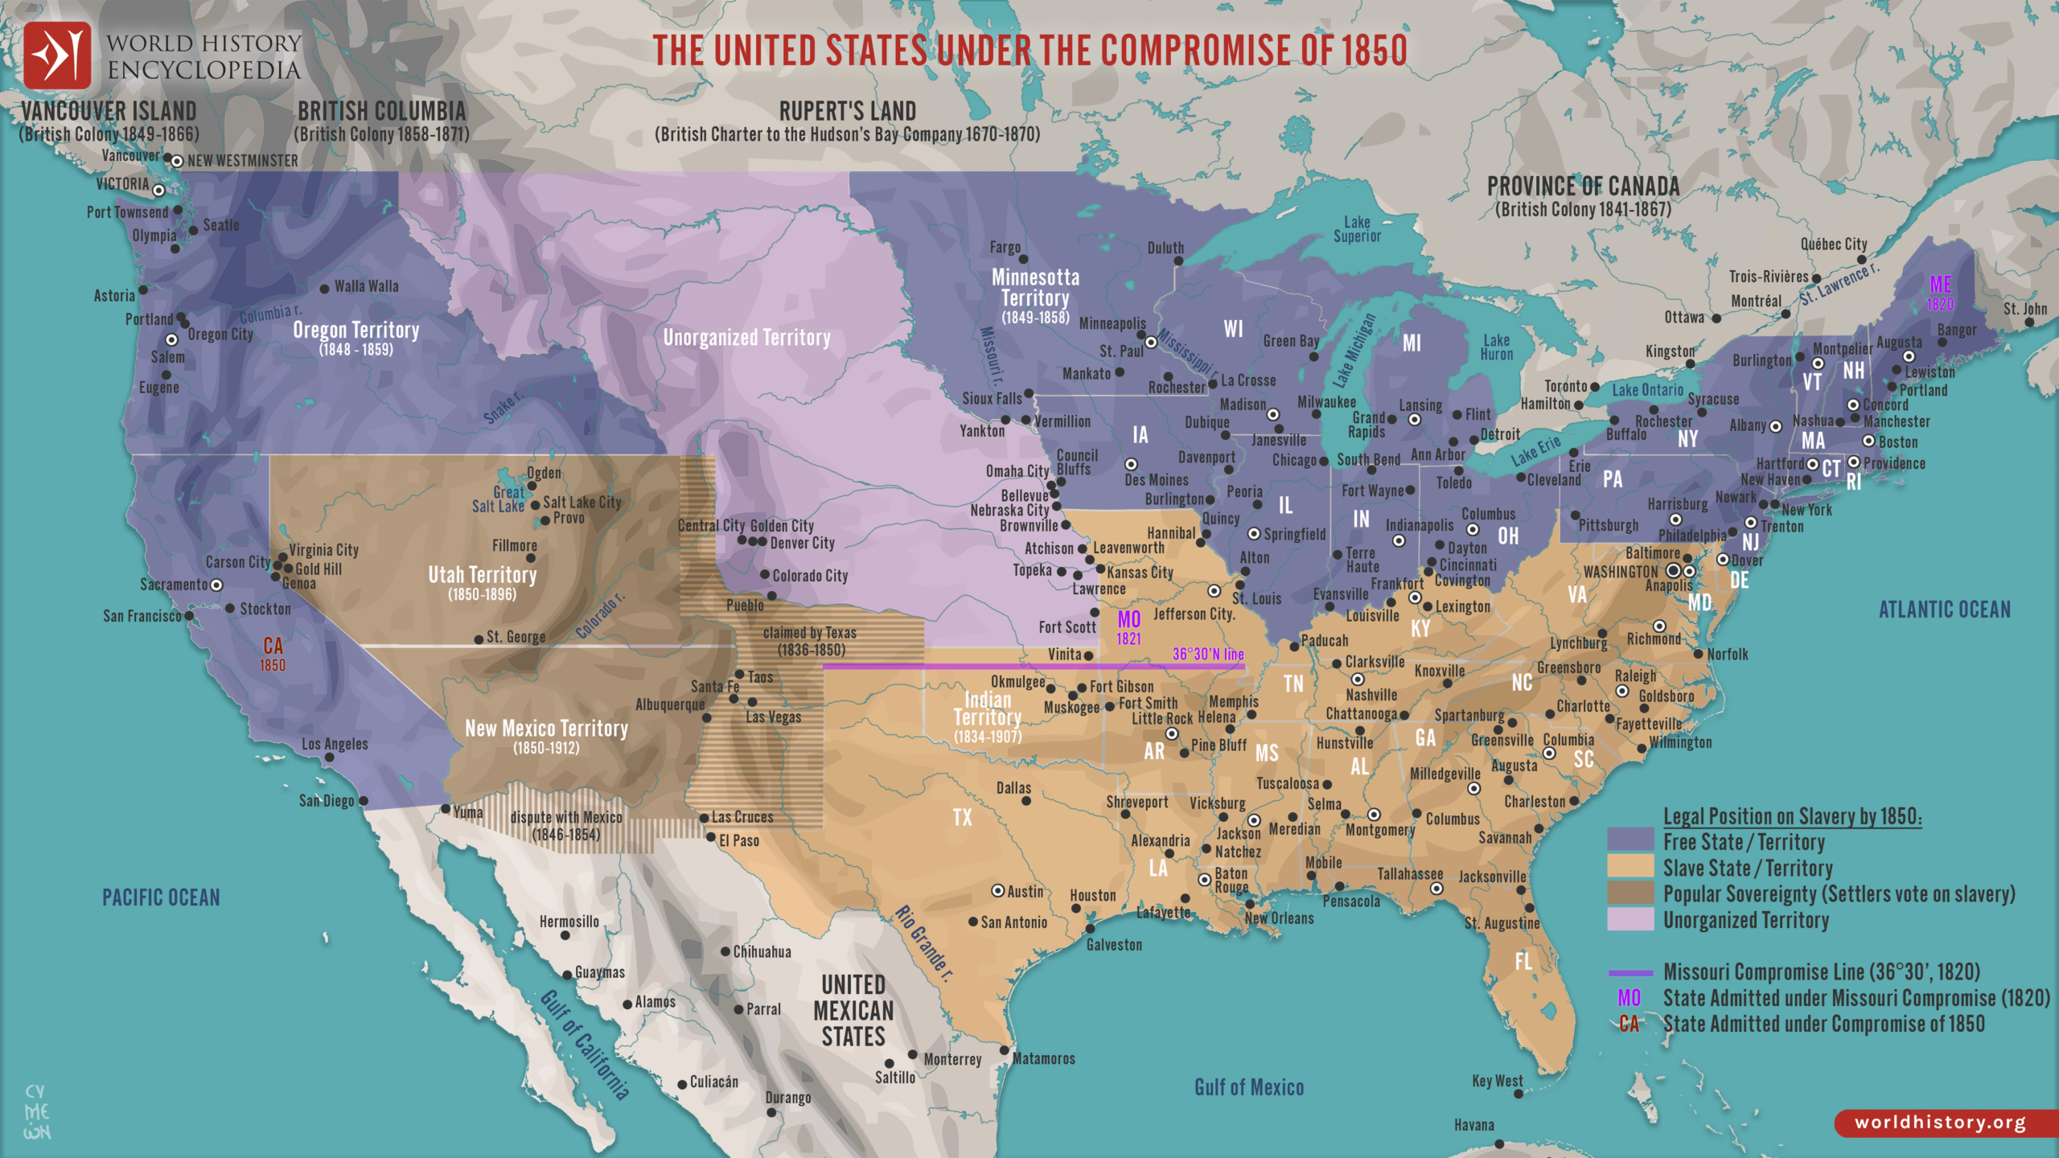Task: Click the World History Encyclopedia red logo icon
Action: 57,55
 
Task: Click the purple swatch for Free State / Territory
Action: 1630,841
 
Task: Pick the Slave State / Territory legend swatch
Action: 1630,868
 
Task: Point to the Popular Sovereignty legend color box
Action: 1630,893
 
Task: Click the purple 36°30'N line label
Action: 1207,654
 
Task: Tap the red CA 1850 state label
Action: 273,654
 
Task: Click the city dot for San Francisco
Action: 190,616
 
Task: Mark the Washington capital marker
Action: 1674,570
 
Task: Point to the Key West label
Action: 1497,1081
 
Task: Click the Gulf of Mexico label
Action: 1248,1087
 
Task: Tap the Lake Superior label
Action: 1357,229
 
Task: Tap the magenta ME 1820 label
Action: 1940,293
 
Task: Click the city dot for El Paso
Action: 711,837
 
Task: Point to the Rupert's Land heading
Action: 847,111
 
